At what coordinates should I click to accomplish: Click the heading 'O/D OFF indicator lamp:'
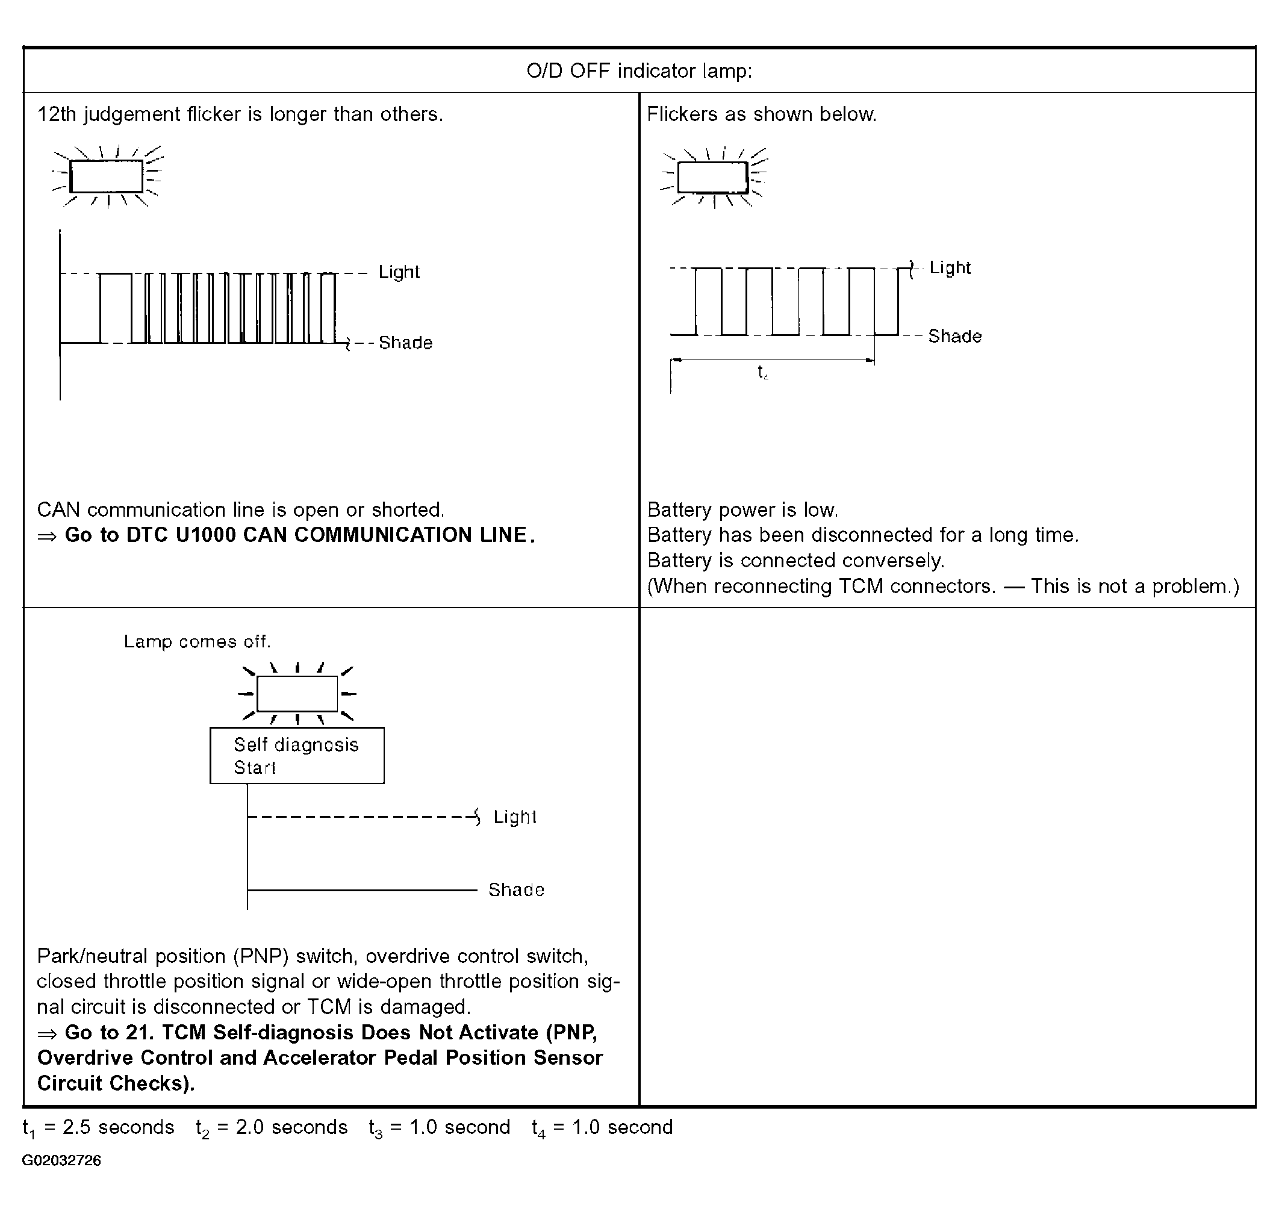coord(639,70)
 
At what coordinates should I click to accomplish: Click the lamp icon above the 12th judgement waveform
coord(107,176)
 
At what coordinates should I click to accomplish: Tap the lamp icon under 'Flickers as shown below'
coord(713,178)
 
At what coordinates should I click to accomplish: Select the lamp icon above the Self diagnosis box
coord(297,694)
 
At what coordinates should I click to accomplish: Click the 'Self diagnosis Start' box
coord(297,755)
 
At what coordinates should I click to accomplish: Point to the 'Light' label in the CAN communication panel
coord(399,272)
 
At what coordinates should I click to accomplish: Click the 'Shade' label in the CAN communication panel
coord(405,343)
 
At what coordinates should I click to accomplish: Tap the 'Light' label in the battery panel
coord(950,268)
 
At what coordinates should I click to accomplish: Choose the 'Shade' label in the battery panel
coord(955,336)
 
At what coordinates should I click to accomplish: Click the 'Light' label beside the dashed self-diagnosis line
coord(515,817)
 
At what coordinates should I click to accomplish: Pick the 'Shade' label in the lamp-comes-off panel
coord(517,890)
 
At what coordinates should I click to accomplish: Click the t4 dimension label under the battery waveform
coord(763,373)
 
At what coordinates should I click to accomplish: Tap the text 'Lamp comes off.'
coord(198,642)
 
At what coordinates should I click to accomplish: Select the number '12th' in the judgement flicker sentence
coord(57,114)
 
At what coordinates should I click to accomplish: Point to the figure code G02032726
coord(61,1160)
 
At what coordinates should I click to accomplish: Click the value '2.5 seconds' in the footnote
coord(118,1127)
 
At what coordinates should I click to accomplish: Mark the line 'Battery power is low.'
coord(742,510)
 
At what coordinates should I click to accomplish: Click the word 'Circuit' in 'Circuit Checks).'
coord(70,1083)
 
